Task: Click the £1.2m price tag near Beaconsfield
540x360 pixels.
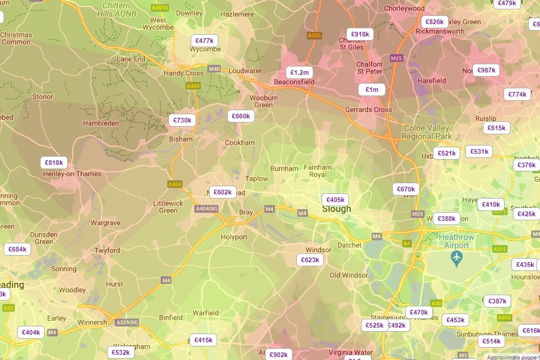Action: coord(299,72)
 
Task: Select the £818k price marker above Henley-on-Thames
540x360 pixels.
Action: coord(54,163)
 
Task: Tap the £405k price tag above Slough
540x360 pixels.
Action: coord(335,200)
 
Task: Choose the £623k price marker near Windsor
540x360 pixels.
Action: coord(310,260)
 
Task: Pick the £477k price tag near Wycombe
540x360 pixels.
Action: coord(204,41)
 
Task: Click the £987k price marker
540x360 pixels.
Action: coord(486,70)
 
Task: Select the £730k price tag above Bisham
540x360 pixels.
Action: coord(182,120)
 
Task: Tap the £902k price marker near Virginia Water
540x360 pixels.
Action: coord(278,354)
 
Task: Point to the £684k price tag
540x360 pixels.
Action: coord(18,249)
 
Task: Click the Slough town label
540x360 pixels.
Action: coord(336,209)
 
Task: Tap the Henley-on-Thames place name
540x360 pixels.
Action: coord(72,174)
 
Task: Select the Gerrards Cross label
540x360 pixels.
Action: coord(368,110)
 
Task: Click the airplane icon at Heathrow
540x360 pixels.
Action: coord(456,257)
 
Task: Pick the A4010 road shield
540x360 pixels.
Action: coord(160,8)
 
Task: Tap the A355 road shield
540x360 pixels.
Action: coord(314,35)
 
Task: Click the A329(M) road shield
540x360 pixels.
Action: coord(127,322)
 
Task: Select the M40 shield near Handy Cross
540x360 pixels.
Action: coord(214,69)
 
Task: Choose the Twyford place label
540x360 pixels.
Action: coord(107,250)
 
